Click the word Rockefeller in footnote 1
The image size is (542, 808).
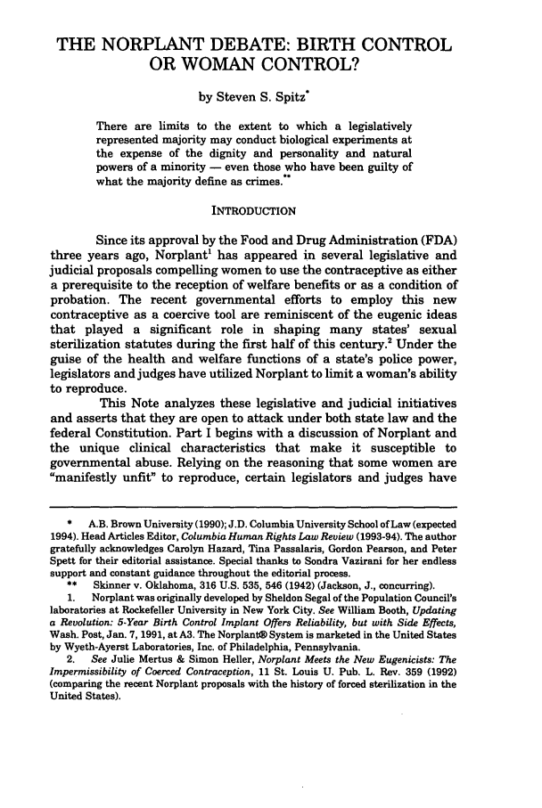134,608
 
